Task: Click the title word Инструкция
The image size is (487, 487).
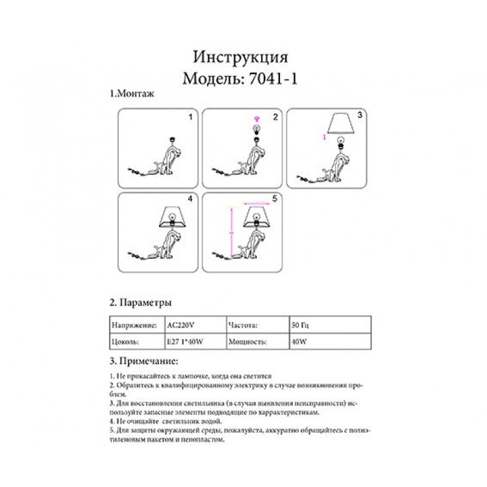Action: [240, 57]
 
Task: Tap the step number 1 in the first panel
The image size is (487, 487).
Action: [190, 116]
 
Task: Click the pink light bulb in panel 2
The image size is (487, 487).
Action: [256, 117]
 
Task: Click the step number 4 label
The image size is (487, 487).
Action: [190, 199]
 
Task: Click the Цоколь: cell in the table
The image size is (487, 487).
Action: [127, 342]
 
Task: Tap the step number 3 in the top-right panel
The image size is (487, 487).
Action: [360, 114]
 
